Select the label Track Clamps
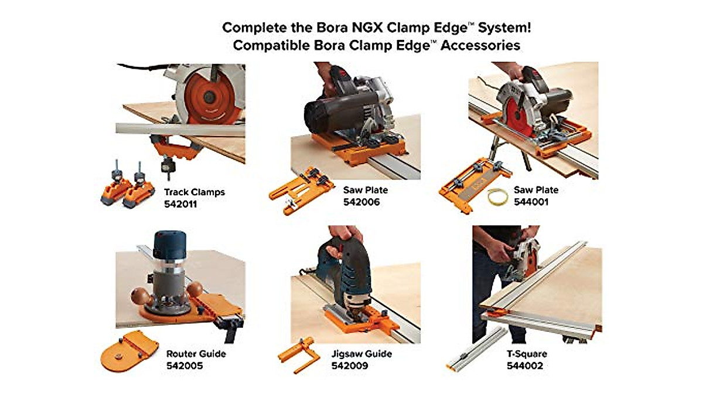coord(194,192)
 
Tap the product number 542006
coord(361,202)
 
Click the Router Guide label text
coord(196,354)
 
